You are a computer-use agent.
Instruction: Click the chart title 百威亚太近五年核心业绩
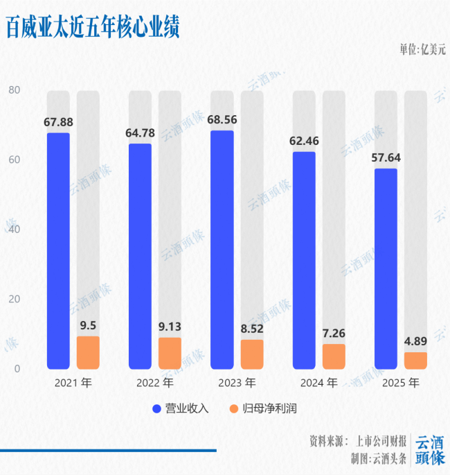pos(93,27)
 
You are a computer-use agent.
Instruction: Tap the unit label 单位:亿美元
pos(422,50)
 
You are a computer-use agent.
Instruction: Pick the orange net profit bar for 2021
pos(88,352)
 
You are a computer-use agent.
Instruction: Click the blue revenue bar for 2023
pos(222,250)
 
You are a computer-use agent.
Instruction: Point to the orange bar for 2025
pos(415,360)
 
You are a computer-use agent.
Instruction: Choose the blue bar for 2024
pos(304,260)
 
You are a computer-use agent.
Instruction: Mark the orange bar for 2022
pos(170,353)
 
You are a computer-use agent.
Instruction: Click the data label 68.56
pos(222,119)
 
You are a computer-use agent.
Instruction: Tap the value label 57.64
pos(386,157)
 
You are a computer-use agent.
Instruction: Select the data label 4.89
pos(415,340)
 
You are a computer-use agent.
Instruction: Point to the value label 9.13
pos(170,326)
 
